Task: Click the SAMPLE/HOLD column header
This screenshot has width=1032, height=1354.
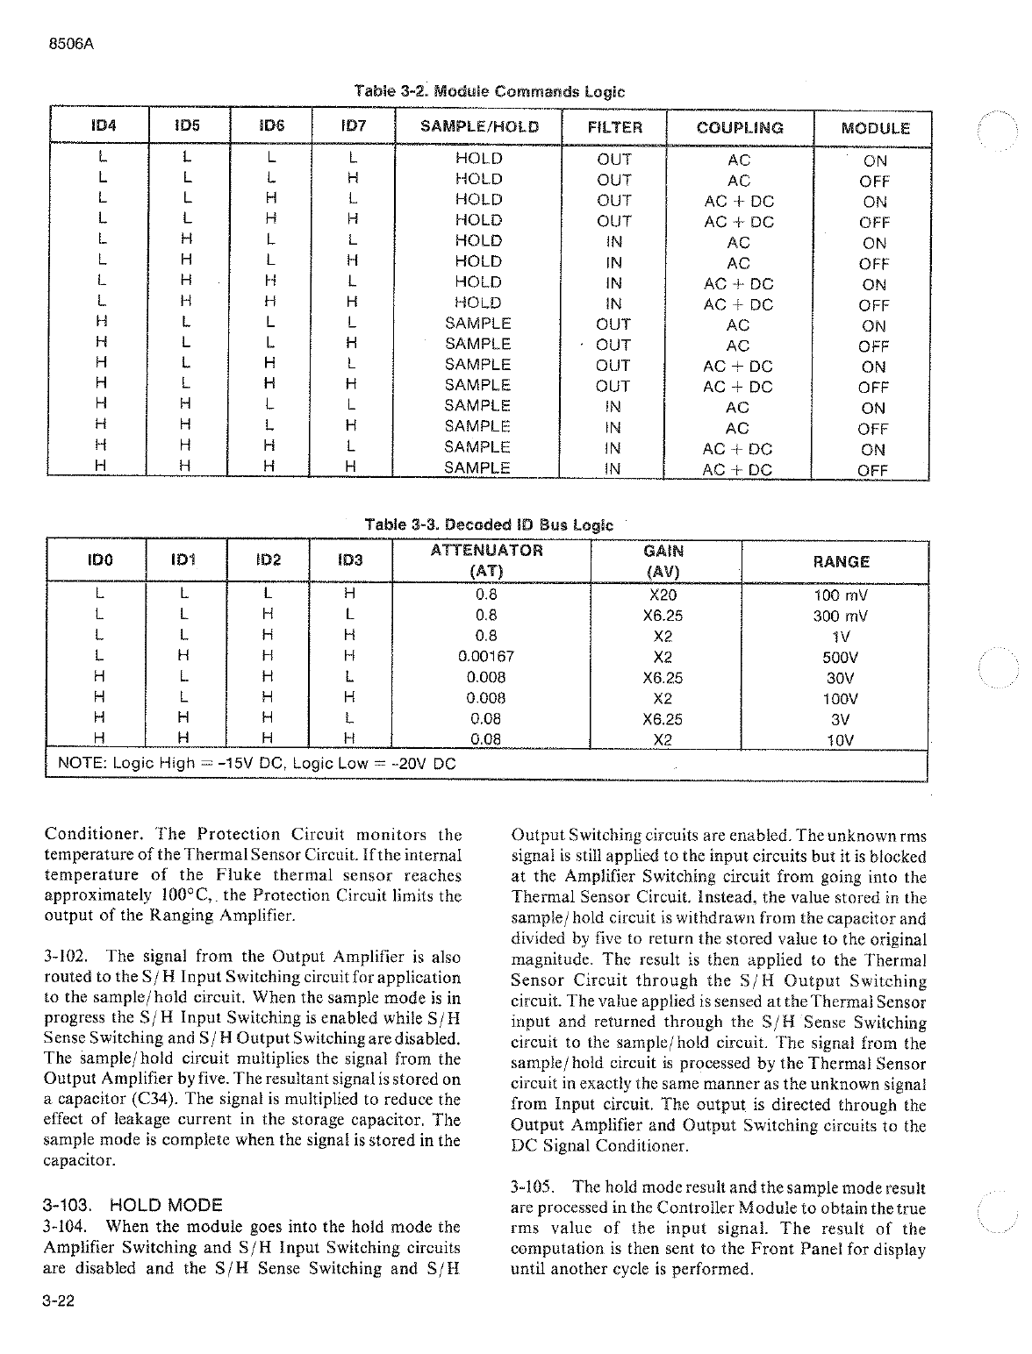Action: (479, 126)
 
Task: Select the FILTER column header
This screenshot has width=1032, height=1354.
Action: (614, 127)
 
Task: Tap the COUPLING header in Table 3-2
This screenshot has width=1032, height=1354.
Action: (740, 127)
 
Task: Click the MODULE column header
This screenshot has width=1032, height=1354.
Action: (875, 128)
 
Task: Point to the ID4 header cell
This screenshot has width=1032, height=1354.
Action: (104, 125)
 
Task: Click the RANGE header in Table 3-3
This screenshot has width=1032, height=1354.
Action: (841, 561)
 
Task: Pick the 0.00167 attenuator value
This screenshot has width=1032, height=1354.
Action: (486, 656)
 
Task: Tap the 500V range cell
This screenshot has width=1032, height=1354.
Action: (841, 657)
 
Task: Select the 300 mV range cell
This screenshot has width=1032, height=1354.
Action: (841, 615)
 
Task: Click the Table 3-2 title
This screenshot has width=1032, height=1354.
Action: (489, 91)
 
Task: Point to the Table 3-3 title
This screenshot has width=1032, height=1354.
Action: (489, 524)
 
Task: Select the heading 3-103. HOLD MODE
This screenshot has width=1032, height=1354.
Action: (133, 1204)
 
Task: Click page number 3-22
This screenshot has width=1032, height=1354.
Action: (58, 1301)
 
